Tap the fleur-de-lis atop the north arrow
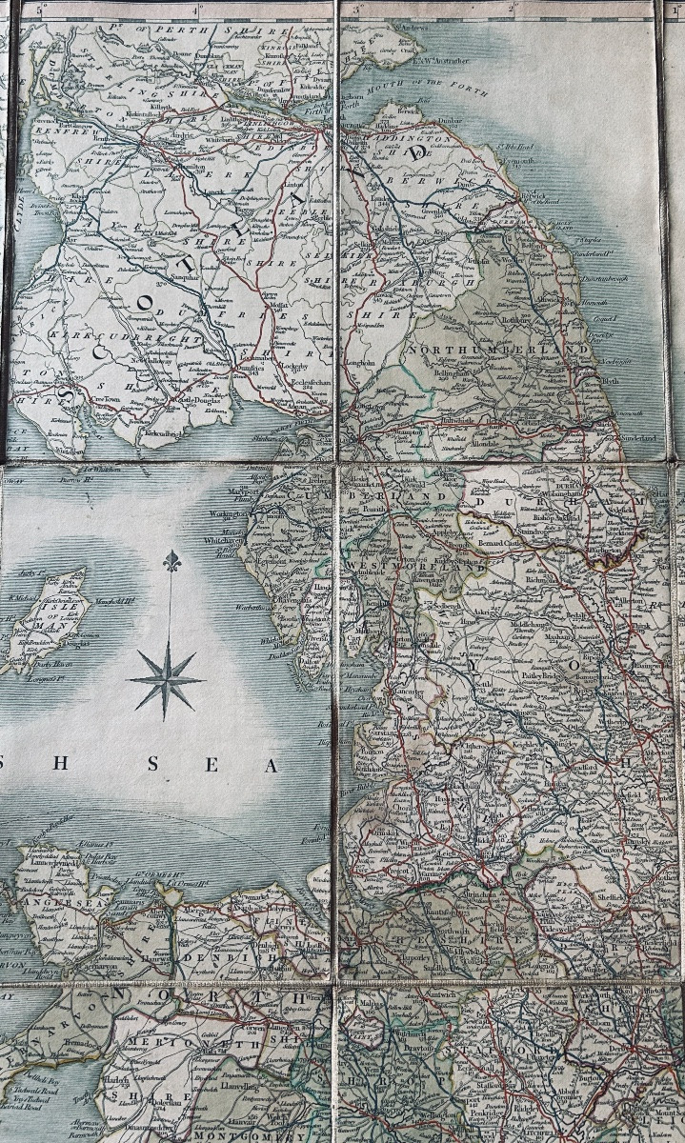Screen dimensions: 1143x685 pyautogui.click(x=171, y=561)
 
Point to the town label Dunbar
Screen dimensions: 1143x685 pyautogui.click(x=450, y=121)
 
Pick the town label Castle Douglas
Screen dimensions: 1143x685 pyautogui.click(x=195, y=407)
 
